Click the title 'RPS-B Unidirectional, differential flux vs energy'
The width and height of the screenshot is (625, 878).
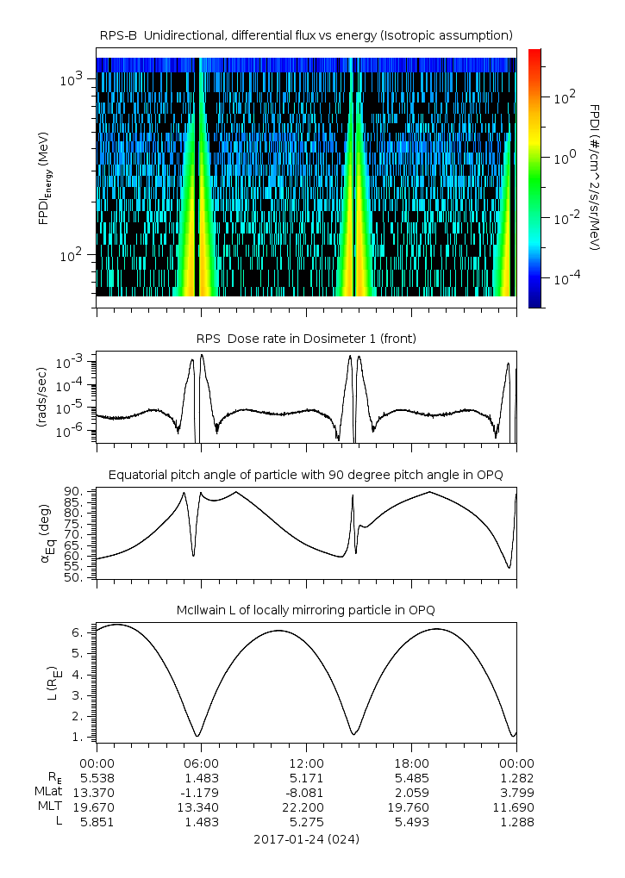point(306,34)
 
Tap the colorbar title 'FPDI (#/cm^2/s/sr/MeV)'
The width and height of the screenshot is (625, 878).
point(595,177)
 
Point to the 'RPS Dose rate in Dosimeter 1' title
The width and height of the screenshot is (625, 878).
point(306,339)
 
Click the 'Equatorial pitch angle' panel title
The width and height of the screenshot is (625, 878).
point(306,475)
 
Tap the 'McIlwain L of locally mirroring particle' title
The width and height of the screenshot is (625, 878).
point(306,610)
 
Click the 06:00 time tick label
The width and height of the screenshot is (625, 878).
point(201,763)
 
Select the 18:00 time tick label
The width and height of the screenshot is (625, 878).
point(411,763)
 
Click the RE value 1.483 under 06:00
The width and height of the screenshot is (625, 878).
point(201,777)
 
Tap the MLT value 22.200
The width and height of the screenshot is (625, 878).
point(306,807)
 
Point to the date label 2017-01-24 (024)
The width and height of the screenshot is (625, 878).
point(306,838)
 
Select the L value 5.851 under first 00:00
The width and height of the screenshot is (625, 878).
point(97,822)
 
